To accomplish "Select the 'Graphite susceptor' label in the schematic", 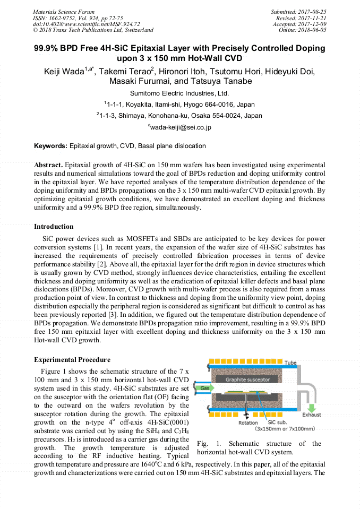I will pyautogui.click(x=247, y=379).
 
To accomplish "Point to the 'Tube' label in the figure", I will pyautogui.click(x=291, y=363).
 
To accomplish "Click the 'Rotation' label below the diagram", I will pyautogui.click(x=248, y=423).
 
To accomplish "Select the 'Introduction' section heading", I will pyautogui.click(x=54, y=227).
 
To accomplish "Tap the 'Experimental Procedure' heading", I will pyautogui.click(x=72, y=360).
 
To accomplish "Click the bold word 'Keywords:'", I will pyautogui.click(x=51, y=146).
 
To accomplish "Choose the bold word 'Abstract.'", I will pyautogui.click(x=49, y=165).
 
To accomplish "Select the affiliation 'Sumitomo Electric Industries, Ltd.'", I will pyautogui.click(x=179, y=93).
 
